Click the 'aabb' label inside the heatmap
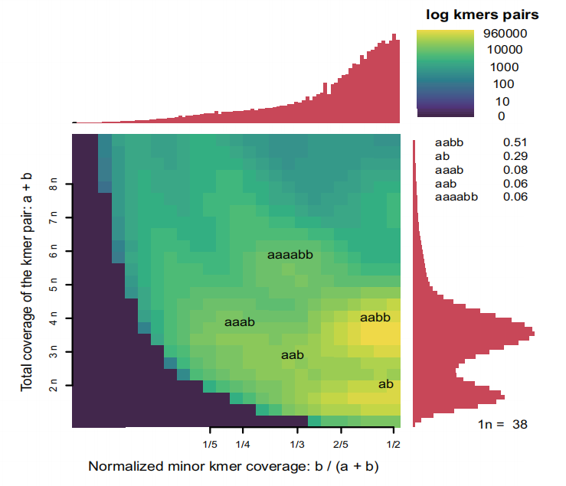(375, 318)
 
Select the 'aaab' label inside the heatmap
(240, 322)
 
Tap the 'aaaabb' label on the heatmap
(290, 255)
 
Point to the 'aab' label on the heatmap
(293, 355)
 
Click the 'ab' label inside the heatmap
(386, 384)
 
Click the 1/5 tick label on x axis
(210, 445)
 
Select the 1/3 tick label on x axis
(297, 445)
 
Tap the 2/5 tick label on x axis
(341, 445)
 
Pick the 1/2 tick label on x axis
(394, 445)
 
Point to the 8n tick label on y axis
(54, 184)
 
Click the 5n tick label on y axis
(54, 284)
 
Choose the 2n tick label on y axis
(54, 385)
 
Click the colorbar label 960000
(505, 34)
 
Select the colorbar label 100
(503, 84)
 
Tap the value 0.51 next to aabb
(515, 142)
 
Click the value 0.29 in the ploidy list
(515, 156)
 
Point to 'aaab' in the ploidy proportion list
(449, 170)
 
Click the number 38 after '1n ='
(520, 424)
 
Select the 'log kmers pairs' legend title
(483, 15)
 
